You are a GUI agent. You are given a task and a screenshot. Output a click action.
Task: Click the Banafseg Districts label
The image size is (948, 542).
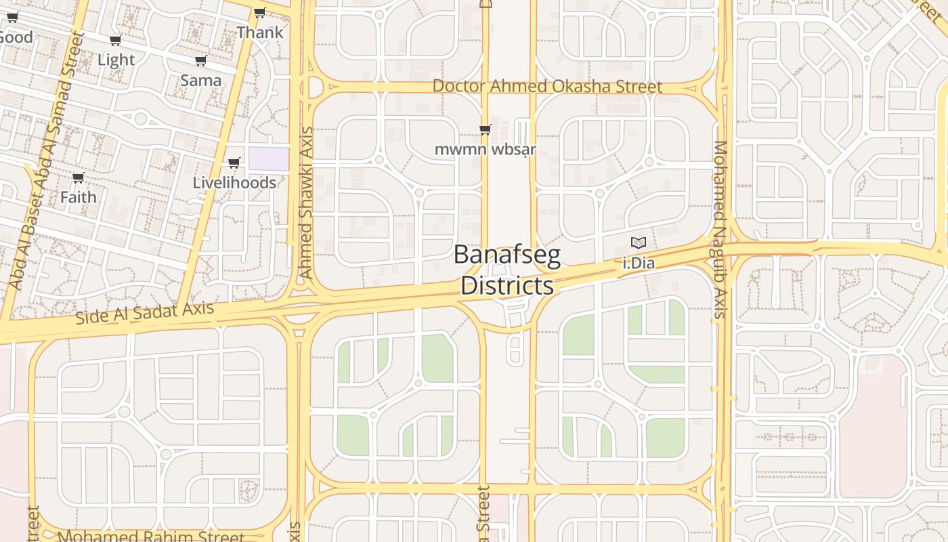click(507, 270)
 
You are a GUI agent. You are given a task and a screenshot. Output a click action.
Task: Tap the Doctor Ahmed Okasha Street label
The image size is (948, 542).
click(547, 87)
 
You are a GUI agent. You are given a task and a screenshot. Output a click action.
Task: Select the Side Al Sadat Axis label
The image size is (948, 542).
click(144, 313)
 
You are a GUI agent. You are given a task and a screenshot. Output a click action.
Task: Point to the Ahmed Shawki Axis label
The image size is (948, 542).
click(306, 203)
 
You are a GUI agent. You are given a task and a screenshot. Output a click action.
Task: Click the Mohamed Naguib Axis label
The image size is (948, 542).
click(720, 229)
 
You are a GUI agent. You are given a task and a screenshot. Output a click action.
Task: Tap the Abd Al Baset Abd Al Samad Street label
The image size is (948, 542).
click(45, 161)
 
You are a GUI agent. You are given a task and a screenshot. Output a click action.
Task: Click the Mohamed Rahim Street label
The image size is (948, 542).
click(151, 537)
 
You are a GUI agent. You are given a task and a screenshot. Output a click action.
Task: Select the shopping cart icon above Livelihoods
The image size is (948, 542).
click(234, 163)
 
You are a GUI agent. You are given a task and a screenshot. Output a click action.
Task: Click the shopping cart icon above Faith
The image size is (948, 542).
click(78, 178)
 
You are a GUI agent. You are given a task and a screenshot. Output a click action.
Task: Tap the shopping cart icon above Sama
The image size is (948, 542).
click(201, 61)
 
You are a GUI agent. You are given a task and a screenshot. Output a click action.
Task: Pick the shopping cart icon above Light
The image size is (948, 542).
click(116, 41)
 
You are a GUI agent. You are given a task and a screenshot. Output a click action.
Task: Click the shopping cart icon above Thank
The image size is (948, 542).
click(259, 12)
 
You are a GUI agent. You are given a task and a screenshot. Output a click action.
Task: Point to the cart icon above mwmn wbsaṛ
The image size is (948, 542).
click(485, 129)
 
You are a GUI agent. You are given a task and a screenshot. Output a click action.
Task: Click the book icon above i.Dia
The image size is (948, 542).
click(639, 243)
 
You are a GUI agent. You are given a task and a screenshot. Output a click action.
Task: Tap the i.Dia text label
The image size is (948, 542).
click(639, 263)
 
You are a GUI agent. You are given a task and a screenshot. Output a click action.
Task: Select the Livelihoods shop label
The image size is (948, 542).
click(234, 183)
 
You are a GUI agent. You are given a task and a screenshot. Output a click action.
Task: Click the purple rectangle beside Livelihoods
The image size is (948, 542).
click(269, 159)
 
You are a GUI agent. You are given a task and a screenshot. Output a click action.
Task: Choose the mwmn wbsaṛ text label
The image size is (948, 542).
click(485, 149)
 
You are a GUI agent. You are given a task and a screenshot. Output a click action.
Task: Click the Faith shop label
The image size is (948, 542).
click(78, 197)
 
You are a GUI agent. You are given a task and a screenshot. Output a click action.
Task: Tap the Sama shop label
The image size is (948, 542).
click(200, 81)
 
